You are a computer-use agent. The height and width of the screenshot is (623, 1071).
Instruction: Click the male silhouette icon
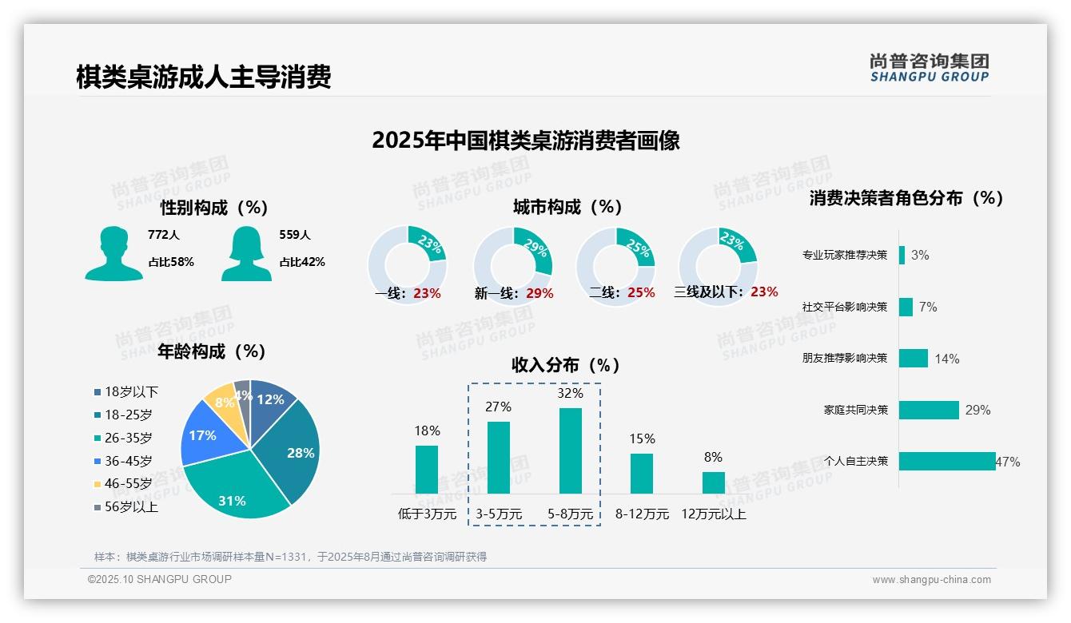[113, 253]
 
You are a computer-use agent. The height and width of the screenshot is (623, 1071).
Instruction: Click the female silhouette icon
[246, 253]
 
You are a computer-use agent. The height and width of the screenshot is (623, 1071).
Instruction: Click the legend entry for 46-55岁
[128, 484]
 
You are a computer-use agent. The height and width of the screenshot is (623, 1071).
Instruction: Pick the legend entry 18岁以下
[131, 392]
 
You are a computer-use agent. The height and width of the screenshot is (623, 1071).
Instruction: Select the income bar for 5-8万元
[570, 450]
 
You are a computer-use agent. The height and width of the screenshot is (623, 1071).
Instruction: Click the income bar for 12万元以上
[713, 482]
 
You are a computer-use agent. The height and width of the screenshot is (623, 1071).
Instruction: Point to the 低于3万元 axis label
[427, 514]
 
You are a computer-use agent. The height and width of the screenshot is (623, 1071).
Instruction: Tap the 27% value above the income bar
[498, 407]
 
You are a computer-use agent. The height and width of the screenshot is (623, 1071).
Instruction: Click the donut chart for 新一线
[512, 264]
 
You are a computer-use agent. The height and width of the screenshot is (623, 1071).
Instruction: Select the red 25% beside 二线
[641, 293]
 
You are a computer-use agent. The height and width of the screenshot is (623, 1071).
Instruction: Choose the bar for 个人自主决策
[946, 461]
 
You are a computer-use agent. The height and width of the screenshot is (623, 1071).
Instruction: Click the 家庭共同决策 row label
[855, 410]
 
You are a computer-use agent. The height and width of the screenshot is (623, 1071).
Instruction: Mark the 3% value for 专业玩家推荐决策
[920, 256]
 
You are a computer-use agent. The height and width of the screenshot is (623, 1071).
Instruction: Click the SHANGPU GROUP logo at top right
[930, 68]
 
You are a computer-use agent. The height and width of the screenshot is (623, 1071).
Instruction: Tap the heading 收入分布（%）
[566, 365]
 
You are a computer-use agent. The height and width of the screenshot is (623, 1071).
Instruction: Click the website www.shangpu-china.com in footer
[931, 580]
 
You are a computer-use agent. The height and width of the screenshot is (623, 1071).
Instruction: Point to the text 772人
[164, 236]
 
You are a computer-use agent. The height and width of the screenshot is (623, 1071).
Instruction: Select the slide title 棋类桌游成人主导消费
[203, 77]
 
